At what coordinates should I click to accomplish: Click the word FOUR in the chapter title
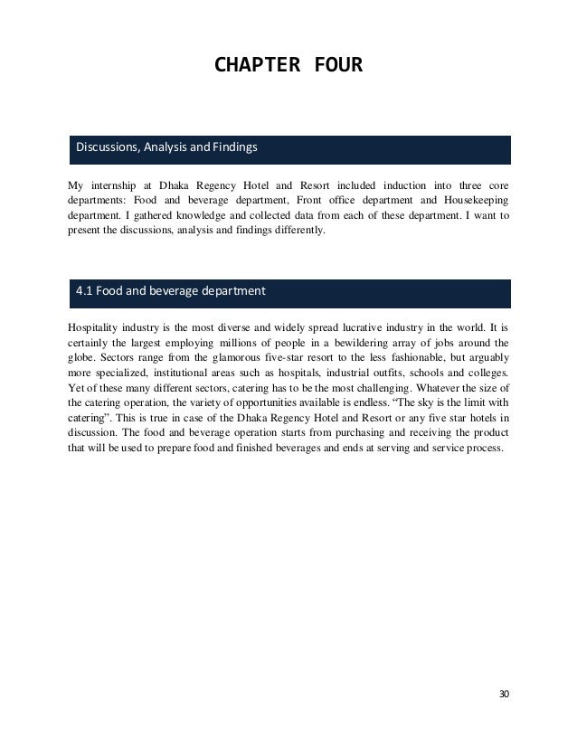click(x=336, y=66)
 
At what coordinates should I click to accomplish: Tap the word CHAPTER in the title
click(x=257, y=66)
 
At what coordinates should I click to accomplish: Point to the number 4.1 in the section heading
click(x=85, y=292)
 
